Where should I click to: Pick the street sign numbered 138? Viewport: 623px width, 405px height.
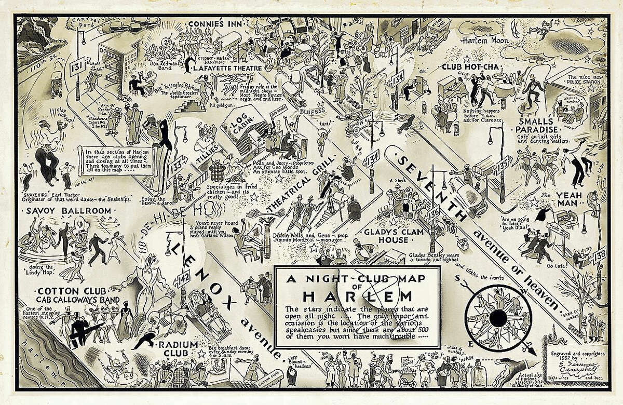[600, 254]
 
